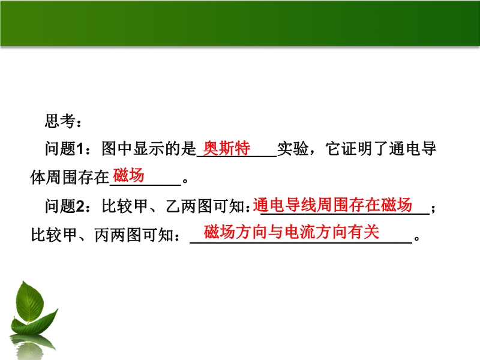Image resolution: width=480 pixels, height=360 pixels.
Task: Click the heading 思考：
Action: click(64, 121)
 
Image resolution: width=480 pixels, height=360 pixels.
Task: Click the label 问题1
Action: click(64, 149)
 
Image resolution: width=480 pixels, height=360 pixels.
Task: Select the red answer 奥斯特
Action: click(227, 148)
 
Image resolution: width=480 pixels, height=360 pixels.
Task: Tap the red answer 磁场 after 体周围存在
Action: click(128, 175)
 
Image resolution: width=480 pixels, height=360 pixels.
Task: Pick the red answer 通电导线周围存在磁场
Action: click(332, 205)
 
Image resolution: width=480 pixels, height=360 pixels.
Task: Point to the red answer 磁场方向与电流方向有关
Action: click(292, 232)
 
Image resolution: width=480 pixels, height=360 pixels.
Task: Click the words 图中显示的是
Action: click(149, 149)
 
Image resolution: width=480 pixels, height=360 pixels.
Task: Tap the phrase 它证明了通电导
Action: click(381, 149)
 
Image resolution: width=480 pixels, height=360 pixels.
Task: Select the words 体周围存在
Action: click(70, 178)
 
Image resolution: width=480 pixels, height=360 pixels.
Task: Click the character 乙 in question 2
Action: click(173, 206)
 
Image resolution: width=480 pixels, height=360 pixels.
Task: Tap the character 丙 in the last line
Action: click(102, 235)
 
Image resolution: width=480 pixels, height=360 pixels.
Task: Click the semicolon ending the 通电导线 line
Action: click(433, 209)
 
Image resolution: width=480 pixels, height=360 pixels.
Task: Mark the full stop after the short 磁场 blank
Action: click(185, 181)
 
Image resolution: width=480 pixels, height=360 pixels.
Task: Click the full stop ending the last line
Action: click(416, 238)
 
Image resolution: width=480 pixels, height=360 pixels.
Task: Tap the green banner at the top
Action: click(240, 23)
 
